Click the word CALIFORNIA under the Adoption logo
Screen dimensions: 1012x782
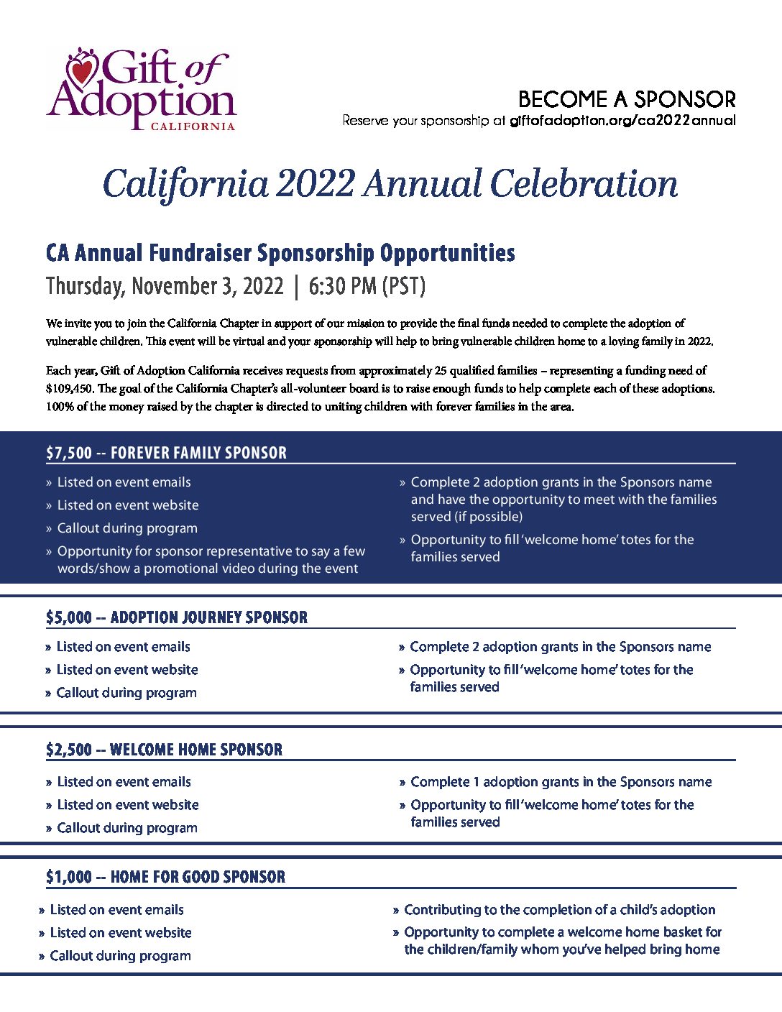point(193,126)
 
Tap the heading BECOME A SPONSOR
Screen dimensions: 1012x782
point(626,99)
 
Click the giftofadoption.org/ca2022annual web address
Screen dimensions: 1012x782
point(622,121)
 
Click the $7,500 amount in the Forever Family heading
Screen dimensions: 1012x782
point(69,453)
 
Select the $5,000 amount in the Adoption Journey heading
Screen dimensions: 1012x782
point(69,617)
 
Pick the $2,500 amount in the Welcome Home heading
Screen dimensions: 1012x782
point(69,750)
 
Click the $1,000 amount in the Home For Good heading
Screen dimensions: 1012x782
point(69,877)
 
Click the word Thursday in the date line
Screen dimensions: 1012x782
point(85,286)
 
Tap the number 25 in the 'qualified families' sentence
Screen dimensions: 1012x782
point(441,371)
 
